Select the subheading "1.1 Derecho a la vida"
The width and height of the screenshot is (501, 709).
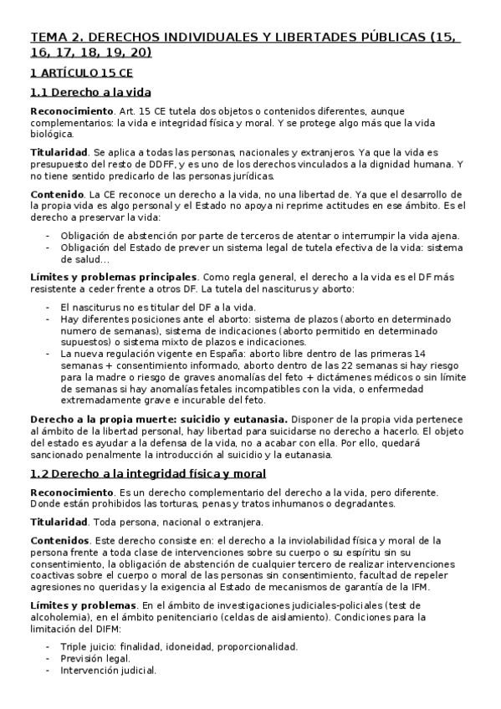point(90,92)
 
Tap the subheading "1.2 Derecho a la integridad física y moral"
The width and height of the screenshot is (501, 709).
point(148,473)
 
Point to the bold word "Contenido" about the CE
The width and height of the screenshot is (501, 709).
point(56,194)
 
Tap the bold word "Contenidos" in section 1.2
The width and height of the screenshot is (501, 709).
point(59,541)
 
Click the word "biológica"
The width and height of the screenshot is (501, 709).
point(53,133)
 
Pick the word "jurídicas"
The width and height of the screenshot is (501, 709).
point(249,176)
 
